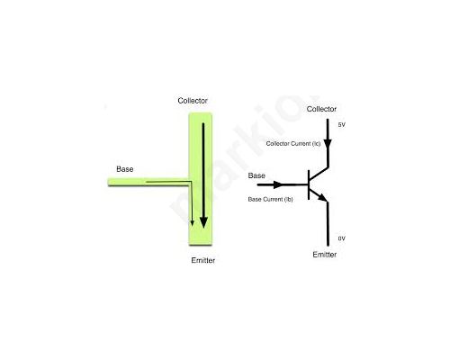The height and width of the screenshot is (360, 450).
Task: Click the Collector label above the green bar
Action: tap(193, 101)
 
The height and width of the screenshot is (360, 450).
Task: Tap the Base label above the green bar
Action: tap(125, 169)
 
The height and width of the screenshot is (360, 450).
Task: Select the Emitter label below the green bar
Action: tap(203, 260)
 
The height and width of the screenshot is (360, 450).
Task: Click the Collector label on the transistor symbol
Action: tap(321, 109)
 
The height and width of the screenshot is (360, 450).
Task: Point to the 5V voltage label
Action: tap(342, 125)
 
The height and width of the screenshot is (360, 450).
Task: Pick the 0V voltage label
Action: tap(342, 238)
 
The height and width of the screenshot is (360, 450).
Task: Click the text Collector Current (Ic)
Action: tap(293, 144)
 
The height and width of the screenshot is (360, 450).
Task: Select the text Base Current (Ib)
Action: tap(270, 199)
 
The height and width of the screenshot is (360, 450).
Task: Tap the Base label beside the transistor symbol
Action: tap(256, 175)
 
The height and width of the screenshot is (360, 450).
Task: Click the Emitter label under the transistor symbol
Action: tap(325, 255)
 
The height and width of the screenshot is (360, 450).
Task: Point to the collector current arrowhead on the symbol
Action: tap(328, 143)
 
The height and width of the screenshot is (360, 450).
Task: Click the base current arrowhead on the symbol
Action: tap(278, 184)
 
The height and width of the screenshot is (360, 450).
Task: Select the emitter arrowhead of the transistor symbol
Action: tap(323, 197)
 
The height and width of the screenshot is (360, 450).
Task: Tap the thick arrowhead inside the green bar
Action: tap(203, 222)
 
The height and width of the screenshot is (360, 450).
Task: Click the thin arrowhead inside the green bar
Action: tap(192, 223)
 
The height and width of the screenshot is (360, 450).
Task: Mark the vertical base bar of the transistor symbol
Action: tap(309, 184)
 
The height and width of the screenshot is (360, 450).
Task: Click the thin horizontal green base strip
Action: tap(148, 182)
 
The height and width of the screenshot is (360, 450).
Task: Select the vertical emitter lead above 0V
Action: tap(328, 224)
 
